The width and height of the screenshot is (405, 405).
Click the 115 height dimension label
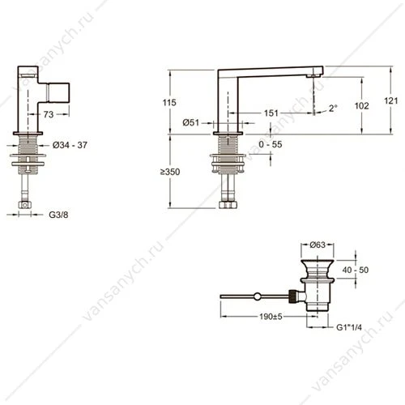pyautogui.click(x=169, y=103)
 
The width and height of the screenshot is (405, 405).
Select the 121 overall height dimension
pyautogui.click(x=390, y=101)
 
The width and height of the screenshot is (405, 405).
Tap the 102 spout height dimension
pyautogui.click(x=361, y=106)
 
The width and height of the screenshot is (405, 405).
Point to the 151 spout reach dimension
pyautogui.click(x=271, y=113)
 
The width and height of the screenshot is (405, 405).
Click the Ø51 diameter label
pyautogui.click(x=190, y=123)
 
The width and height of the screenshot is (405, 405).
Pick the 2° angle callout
pyautogui.click(x=333, y=109)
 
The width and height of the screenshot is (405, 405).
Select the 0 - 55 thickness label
pyautogui.click(x=271, y=144)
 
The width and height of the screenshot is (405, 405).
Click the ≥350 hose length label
pyautogui.click(x=170, y=172)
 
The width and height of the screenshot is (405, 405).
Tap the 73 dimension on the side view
pyautogui.click(x=49, y=114)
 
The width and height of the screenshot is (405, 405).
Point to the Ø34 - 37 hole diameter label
pyautogui.click(x=70, y=145)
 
